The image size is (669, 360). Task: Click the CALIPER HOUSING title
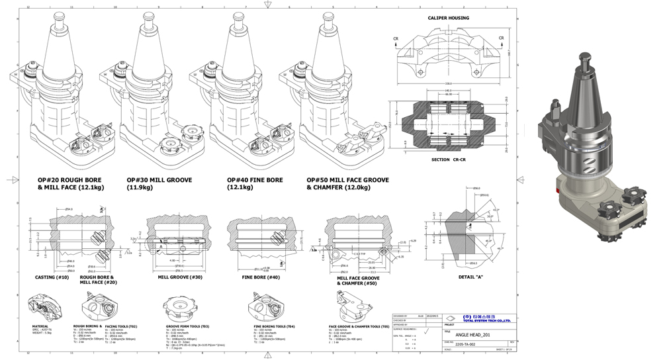pyautogui.click(x=448, y=18)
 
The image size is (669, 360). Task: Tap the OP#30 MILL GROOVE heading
pyautogui.click(x=159, y=180)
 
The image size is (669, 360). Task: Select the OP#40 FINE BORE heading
pyautogui.click(x=255, y=180)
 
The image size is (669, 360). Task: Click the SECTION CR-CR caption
pyautogui.click(x=449, y=161)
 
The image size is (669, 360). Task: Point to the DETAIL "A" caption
pyautogui.click(x=470, y=276)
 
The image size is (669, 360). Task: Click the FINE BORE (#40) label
pyautogui.click(x=261, y=277)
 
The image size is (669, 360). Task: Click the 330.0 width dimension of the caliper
pyautogui.click(x=448, y=84)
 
